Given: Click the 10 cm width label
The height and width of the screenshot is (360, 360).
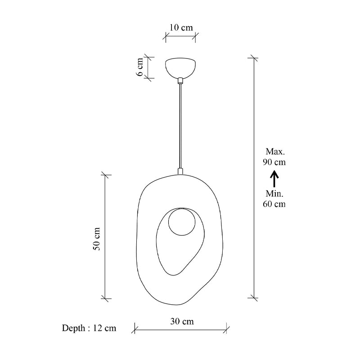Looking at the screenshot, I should tap(180, 27).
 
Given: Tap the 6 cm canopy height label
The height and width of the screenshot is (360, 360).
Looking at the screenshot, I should tap(140, 67).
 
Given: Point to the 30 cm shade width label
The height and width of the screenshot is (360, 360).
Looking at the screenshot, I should tap(182, 321).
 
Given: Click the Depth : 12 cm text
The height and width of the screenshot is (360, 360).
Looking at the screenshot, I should tap(89, 328).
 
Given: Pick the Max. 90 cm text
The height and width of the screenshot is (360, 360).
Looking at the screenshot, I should tap(274, 157).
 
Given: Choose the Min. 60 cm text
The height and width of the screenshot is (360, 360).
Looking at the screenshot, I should tap(274, 198).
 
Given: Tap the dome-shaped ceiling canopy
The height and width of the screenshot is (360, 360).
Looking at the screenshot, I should tap(180, 67).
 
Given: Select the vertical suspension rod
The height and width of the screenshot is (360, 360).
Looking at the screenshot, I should tap(180, 126).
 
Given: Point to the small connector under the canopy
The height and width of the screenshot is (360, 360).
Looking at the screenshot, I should tap(180, 81).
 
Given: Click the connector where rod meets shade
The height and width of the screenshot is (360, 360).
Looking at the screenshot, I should tap(180, 171).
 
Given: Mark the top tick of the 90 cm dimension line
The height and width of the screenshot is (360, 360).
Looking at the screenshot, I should tap(254, 58).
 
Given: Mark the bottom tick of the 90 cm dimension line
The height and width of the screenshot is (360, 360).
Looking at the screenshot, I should tap(254, 297).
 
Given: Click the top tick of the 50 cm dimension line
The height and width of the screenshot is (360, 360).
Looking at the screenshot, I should tap(106, 175).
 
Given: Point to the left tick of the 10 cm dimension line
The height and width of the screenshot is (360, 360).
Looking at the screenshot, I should tap(166, 37).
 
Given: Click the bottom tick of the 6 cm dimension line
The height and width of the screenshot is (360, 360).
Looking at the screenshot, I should tap(148, 78).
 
